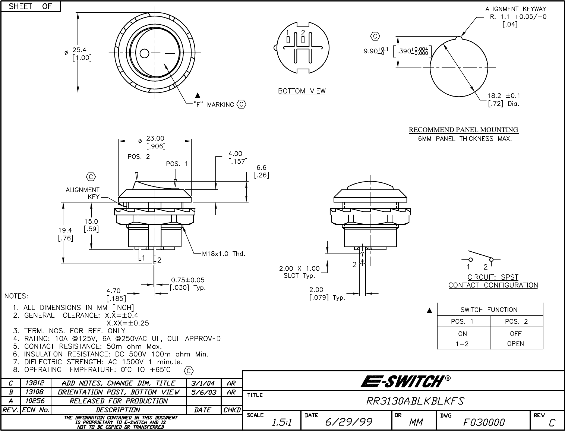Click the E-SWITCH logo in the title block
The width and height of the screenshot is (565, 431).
pos(405,381)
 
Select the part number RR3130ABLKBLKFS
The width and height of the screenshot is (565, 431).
pos(415,401)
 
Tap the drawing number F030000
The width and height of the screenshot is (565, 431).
pos(484,422)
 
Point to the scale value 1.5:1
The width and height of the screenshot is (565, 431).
pos(282,422)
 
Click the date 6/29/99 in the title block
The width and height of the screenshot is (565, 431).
pos(349,422)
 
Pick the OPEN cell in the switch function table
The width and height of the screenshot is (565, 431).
pos(515,344)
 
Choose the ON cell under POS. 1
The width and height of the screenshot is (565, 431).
pos(462,334)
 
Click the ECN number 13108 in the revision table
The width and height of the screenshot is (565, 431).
pos(35,392)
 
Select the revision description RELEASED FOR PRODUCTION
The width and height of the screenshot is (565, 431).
pos(119,401)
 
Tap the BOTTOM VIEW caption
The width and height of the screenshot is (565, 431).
pos(302,91)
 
